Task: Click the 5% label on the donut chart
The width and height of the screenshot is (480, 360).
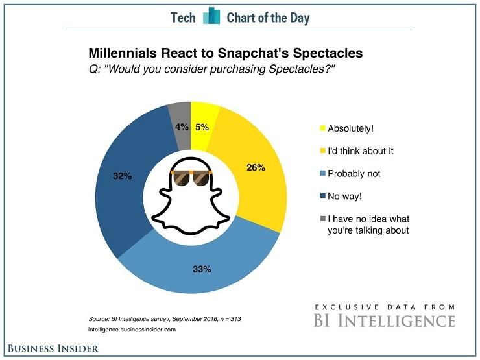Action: click(x=202, y=128)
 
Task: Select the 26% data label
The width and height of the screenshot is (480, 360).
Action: click(x=256, y=167)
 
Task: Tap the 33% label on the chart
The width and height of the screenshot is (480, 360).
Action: click(x=202, y=269)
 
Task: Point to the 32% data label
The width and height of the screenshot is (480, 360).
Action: click(x=123, y=176)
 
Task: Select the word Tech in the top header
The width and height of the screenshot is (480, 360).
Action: click(x=183, y=18)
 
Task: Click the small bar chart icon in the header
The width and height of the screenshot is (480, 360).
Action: click(x=211, y=17)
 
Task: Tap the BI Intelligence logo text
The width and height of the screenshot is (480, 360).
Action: click(x=385, y=320)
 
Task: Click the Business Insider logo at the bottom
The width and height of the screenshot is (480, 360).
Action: click(x=54, y=348)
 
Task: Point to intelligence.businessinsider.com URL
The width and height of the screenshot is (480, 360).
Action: click(x=133, y=330)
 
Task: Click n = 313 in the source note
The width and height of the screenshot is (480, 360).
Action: click(x=228, y=320)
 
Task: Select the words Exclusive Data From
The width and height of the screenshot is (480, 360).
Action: click(x=385, y=306)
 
